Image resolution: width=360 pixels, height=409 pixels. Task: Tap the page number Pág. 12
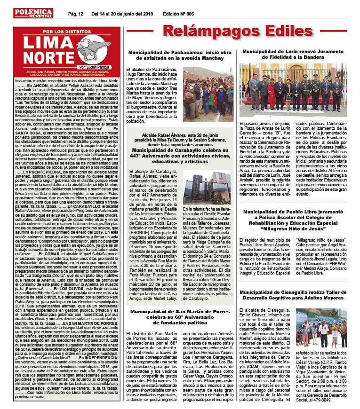point(75,14)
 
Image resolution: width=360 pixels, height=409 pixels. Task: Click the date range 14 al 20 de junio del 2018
point(122,14)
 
